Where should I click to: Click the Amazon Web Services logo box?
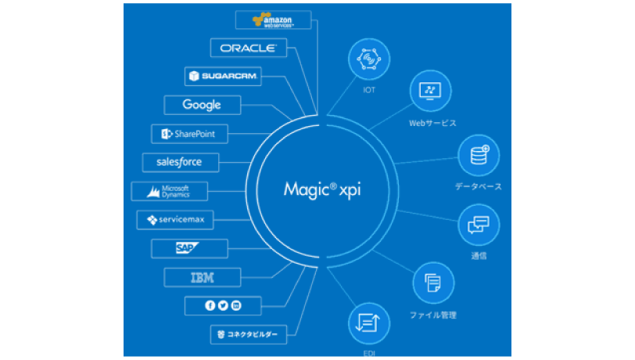(273, 20)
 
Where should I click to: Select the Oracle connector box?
(248, 48)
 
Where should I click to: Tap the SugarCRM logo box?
(222, 76)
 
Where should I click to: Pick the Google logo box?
(202, 105)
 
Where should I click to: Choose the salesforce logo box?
(180, 162)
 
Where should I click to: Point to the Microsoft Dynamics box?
(170, 191)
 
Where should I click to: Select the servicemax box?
(175, 220)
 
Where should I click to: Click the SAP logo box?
(188, 249)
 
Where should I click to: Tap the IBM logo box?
(203, 277)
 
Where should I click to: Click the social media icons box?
(223, 305)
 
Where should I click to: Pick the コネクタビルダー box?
(248, 334)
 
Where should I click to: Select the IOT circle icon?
(368, 59)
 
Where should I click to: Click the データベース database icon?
(479, 155)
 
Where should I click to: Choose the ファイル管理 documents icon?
(432, 282)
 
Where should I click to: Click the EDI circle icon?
(368, 322)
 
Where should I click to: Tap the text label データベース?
(479, 186)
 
